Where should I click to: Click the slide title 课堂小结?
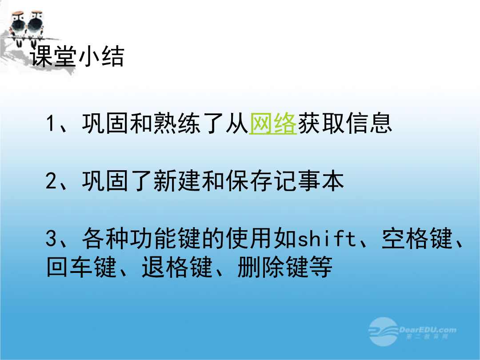tap(77, 56)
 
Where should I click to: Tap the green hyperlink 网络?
tap(273, 124)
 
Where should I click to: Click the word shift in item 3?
tap(327, 239)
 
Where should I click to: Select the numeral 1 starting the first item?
tap(51, 124)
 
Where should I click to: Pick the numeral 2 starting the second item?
tap(51, 180)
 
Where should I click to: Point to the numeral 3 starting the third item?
tap(51, 238)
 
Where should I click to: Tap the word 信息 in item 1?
tap(369, 124)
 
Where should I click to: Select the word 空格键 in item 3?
tap(417, 238)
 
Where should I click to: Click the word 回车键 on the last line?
tap(82, 267)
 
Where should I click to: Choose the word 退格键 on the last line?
tap(177, 267)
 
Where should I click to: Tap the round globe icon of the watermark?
tap(383, 332)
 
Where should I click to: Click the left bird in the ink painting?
tap(17, 26)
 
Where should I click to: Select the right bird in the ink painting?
tap(36, 26)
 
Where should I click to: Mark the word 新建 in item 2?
tap(177, 180)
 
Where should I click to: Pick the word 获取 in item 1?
tap(321, 124)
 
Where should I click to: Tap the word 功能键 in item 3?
tap(165, 238)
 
